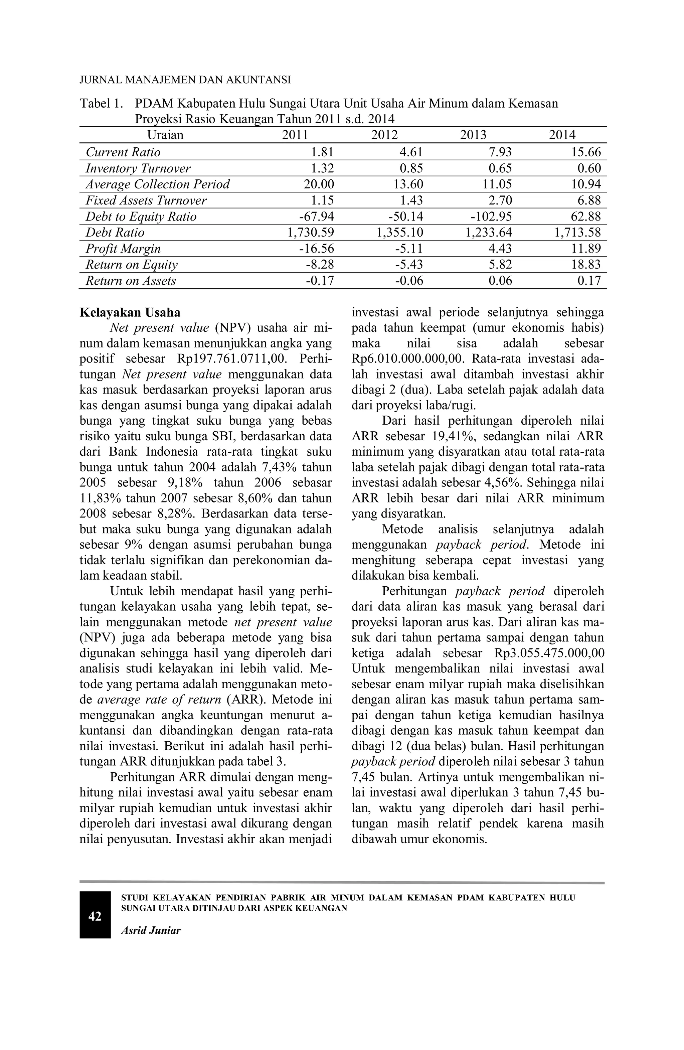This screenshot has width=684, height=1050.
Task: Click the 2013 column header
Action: click(x=473, y=135)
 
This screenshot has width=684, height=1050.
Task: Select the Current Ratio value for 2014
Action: click(x=586, y=152)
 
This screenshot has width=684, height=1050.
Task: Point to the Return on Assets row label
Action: click(x=131, y=281)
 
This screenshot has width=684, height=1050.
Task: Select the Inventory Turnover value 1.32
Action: click(x=322, y=168)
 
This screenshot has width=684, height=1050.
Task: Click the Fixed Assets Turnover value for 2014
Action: click(x=589, y=201)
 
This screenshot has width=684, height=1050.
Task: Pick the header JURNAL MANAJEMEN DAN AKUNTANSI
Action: click(x=185, y=80)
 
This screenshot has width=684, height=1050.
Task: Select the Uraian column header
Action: click(x=165, y=135)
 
